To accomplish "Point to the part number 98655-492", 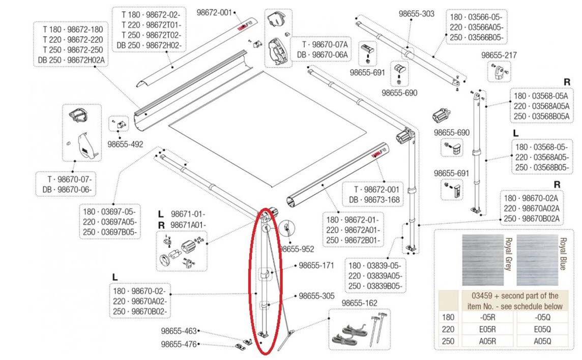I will (x=125, y=144).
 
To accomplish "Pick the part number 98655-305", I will (x=315, y=295).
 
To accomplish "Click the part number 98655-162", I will (x=359, y=303).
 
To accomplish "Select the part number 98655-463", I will (x=179, y=332).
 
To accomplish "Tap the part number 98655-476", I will (x=179, y=344).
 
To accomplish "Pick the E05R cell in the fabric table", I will (x=488, y=329).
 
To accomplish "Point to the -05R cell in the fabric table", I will (x=488, y=317).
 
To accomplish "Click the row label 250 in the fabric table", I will (x=448, y=341).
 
